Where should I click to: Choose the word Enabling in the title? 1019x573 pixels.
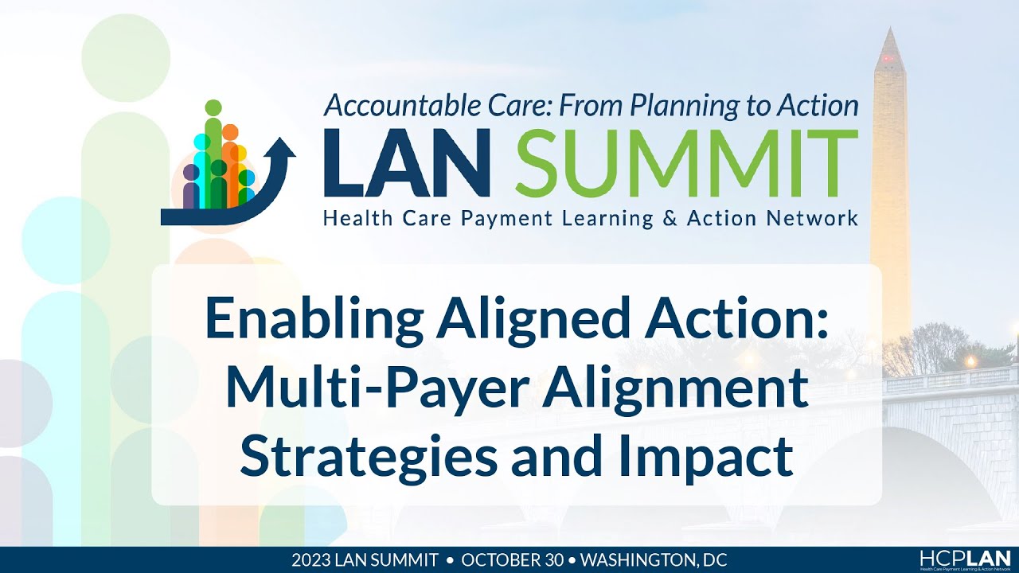(314, 320)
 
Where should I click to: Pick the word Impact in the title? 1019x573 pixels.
(722, 454)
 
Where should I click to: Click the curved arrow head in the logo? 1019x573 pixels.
(282, 150)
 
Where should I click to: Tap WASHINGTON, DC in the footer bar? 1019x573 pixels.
(654, 559)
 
